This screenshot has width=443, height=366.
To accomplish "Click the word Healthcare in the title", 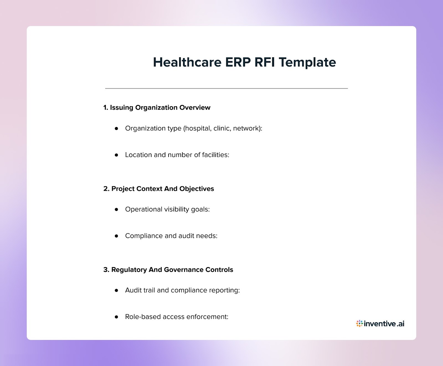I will [x=187, y=62].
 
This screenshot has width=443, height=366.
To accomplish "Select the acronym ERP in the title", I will [x=238, y=62].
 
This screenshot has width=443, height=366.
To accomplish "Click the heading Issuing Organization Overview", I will [x=157, y=107].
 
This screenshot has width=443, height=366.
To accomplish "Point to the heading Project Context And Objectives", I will [x=159, y=189].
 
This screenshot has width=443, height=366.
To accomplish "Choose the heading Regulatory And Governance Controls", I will [x=168, y=270].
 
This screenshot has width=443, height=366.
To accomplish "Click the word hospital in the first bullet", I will [x=198, y=128].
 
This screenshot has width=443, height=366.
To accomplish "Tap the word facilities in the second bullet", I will [x=215, y=155].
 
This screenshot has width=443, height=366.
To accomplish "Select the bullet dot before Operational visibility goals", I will [x=117, y=209].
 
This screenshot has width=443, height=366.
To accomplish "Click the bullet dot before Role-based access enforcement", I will [x=117, y=317].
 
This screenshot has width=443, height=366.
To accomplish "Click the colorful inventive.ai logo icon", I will [x=359, y=323].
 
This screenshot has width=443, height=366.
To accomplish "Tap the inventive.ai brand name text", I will [x=384, y=323].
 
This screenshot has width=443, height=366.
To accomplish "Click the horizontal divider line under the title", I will [x=226, y=88].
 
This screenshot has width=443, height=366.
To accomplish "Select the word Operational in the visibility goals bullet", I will [x=143, y=209].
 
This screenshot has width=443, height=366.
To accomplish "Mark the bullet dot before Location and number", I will [x=117, y=155].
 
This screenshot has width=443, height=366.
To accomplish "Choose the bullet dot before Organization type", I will [x=117, y=128].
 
